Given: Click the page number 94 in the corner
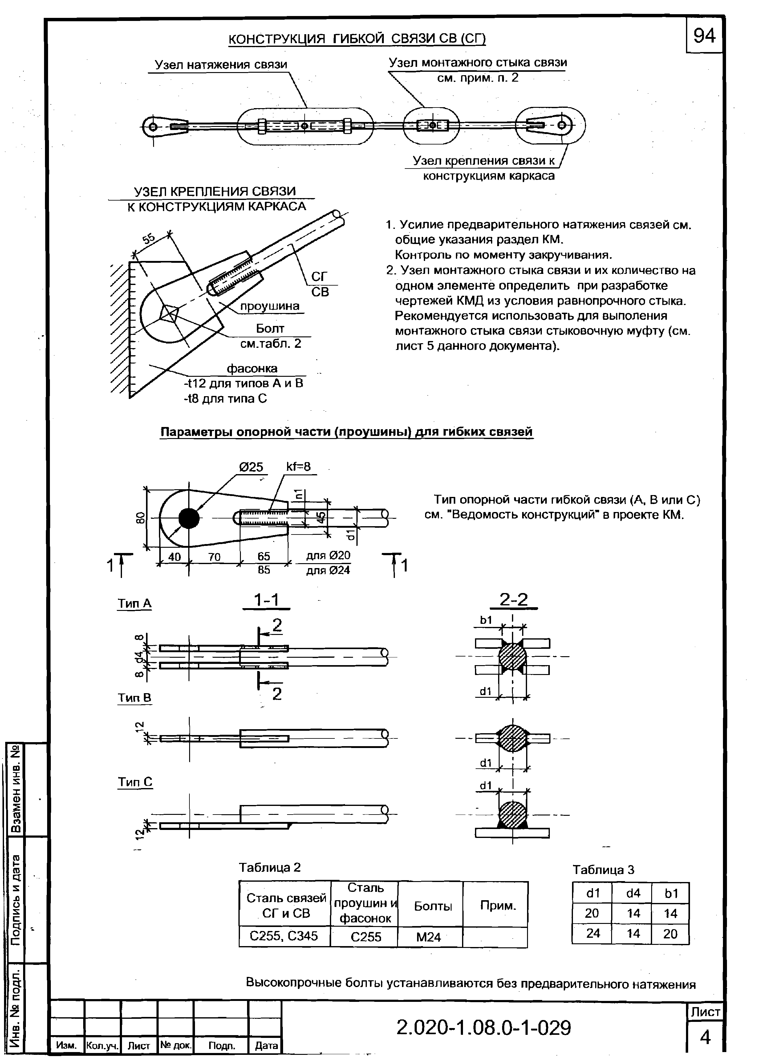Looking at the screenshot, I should tap(704, 35).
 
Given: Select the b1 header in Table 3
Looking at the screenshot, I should tap(671, 893).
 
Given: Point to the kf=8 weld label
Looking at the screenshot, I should tap(298, 466).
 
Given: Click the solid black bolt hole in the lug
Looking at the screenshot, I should tap(189, 518).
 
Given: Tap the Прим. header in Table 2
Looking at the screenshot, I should tap(498, 905).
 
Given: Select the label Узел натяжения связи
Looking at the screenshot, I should tap(221, 65).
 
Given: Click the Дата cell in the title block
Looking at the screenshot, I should tap(266, 1046).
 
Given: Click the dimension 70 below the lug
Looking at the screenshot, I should tap(214, 556).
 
